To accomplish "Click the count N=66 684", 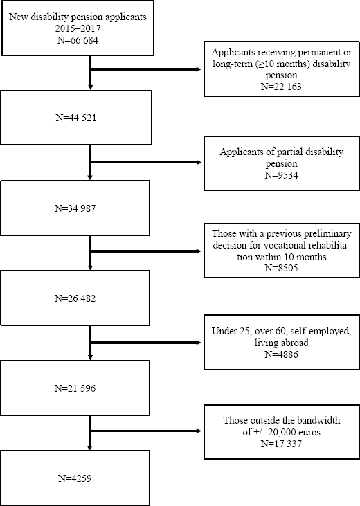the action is coord(78,40).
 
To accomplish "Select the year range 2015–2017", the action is coord(78,28).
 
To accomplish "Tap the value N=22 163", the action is coord(281,87).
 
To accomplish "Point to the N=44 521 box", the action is coord(76,118).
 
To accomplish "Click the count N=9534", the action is coord(281,175).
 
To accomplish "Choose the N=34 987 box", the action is coord(75,208).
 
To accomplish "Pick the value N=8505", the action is coord(281,268).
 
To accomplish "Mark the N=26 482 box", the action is coord(75,298).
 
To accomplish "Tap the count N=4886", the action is coord(281,354).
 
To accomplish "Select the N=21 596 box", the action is coord(75,388).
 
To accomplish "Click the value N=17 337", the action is coord(281,444).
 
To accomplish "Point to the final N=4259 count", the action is coord(75,478).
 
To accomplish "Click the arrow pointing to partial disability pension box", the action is coord(146,162).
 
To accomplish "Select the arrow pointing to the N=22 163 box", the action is coord(146,69).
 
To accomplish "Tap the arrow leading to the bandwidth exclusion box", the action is coord(146,431).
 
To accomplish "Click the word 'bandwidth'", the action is coord(318,420).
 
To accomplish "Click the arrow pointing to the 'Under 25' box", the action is coord(146,343).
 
